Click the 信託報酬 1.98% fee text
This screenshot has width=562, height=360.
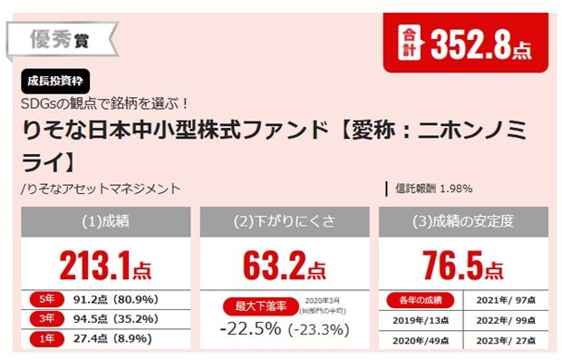(x=433, y=189)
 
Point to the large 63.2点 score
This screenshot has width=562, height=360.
(x=284, y=265)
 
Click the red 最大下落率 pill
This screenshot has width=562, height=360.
(x=257, y=306)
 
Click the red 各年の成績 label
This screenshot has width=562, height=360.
(x=418, y=300)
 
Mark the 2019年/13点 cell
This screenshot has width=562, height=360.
(x=418, y=320)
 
